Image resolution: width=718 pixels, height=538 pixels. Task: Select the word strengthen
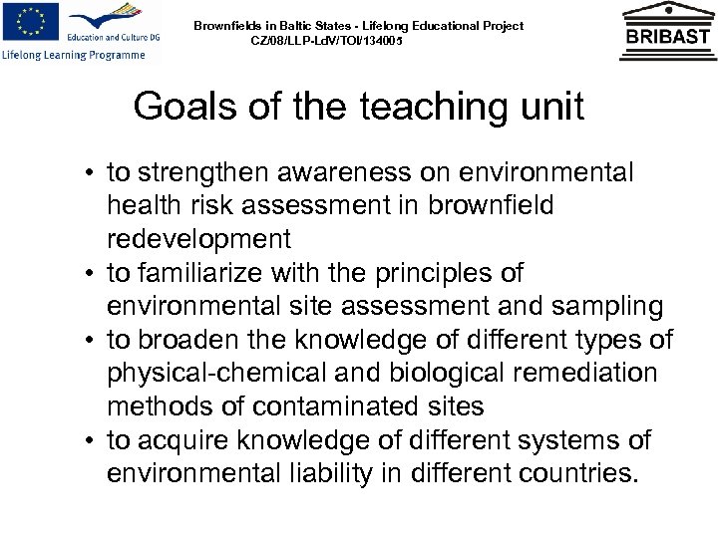(x=203, y=174)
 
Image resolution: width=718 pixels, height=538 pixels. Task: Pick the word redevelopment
(x=198, y=239)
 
